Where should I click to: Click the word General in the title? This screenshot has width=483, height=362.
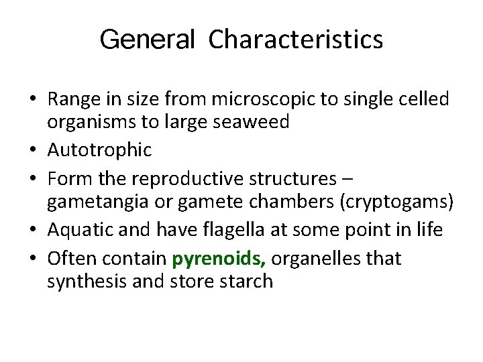pos(146,40)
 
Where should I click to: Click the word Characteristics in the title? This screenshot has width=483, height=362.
pos(296,40)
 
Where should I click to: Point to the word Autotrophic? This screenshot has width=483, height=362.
pos(99,149)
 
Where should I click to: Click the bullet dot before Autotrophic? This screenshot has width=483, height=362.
pos(33,149)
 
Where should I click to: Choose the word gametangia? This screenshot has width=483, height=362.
pos(91,202)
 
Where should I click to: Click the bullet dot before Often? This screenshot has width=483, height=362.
pos(33,259)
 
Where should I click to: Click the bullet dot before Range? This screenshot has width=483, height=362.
pos(33,99)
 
